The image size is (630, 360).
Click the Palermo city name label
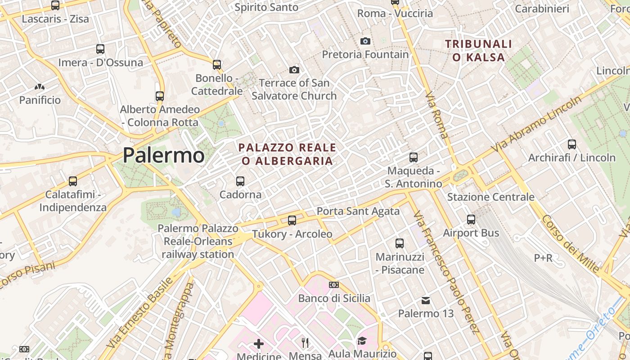[164, 155]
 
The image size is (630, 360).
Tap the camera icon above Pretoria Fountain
[365, 41]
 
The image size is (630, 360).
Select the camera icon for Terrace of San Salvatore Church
[294, 70]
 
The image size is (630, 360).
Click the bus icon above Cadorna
[240, 181]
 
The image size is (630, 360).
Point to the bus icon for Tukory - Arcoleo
[292, 220]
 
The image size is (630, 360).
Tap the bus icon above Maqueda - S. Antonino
[414, 157]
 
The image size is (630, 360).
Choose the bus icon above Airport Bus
[471, 220]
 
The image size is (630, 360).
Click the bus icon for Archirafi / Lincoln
[572, 144]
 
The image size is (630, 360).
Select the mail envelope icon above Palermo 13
[426, 300]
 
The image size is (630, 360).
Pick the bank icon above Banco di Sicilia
[334, 285]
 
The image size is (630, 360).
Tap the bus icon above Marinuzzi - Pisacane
[400, 243]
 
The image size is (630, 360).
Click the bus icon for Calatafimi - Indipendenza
[73, 181]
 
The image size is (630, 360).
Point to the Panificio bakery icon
[40, 86]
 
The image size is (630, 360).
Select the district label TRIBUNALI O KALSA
[478, 50]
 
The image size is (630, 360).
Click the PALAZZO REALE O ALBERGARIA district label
[287, 154]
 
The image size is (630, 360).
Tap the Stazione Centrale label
[490, 197]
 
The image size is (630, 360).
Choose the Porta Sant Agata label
[358, 211]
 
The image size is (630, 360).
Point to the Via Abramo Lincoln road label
[536, 125]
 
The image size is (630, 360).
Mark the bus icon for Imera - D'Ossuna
[100, 49]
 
